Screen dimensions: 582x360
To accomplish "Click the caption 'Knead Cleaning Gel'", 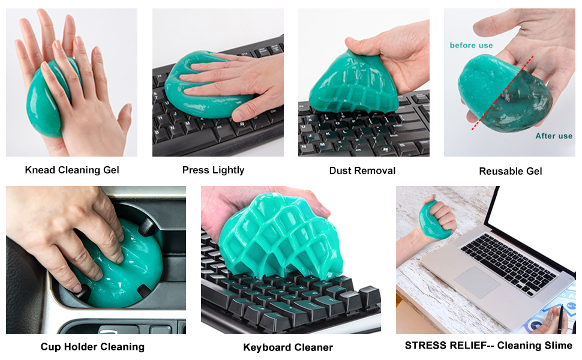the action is point(72,170).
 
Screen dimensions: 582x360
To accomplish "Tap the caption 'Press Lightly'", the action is point(213,170).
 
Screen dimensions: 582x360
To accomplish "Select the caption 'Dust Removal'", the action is point(362,171).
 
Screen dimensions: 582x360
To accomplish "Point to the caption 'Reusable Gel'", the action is point(511,171).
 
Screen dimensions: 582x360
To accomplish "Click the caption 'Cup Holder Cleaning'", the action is point(92,347).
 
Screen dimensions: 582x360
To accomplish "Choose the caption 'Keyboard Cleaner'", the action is point(288,347).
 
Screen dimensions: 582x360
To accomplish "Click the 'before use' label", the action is point(472,45).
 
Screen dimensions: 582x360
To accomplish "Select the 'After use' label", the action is point(554,136).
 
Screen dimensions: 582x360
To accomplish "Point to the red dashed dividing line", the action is point(503,93).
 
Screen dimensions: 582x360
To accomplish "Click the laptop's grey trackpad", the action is point(477,282).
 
